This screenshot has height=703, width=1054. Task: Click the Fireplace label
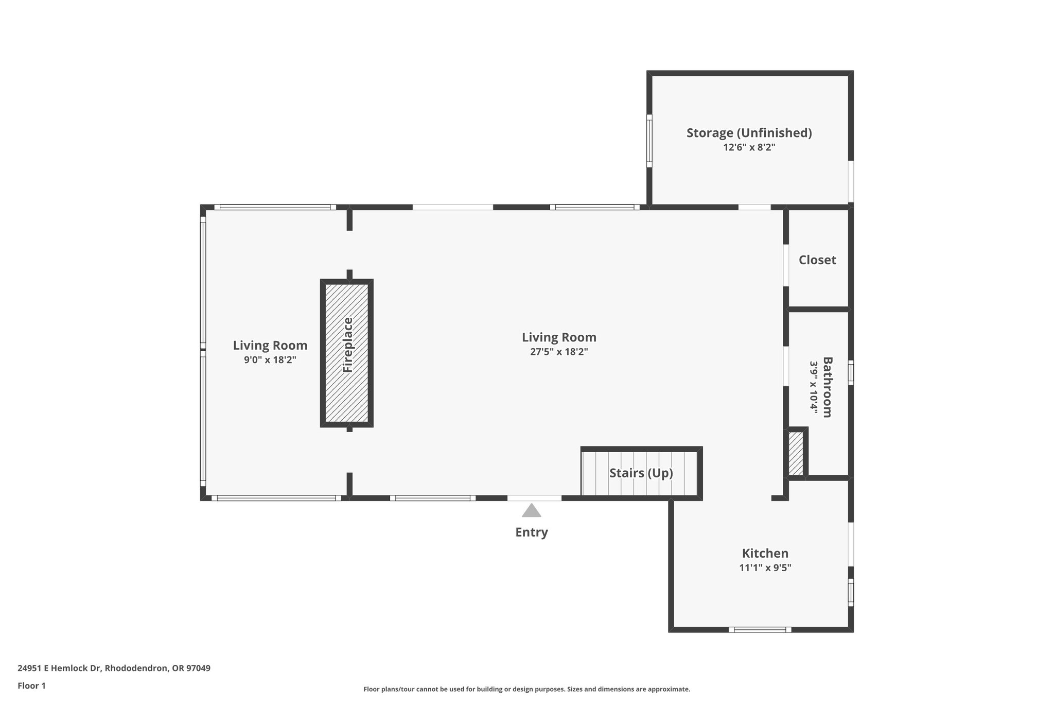[x=348, y=345]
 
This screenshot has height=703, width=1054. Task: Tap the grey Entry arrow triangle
[x=531, y=510]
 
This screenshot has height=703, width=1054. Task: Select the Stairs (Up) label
[x=641, y=473]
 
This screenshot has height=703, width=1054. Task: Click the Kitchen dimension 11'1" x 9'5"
[x=765, y=568]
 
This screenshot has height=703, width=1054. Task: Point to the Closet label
[x=817, y=260]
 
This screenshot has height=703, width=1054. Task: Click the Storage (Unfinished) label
[x=749, y=133]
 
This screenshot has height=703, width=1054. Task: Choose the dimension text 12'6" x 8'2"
[x=749, y=147]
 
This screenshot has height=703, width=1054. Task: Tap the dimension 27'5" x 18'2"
[x=559, y=352]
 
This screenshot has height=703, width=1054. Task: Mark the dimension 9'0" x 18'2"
[x=270, y=360]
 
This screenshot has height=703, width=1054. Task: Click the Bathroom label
[x=827, y=387]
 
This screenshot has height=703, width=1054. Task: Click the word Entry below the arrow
[x=531, y=532]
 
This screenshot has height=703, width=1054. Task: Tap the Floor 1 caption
[x=31, y=685]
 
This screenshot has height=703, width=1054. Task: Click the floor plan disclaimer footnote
[x=526, y=689]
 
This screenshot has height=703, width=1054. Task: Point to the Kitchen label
[x=765, y=553]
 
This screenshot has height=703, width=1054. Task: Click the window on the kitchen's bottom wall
[x=760, y=629]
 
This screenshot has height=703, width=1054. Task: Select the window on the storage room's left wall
[x=649, y=141]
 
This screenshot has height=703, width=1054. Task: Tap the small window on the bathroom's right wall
[x=851, y=372]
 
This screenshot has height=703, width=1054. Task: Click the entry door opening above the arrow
[x=534, y=498]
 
